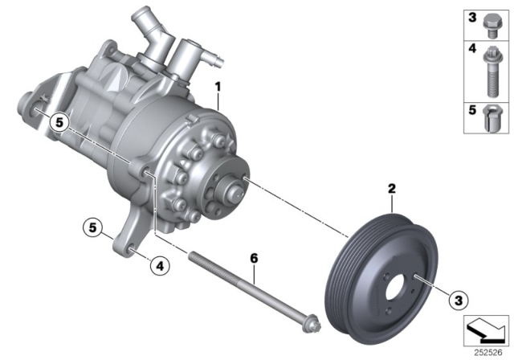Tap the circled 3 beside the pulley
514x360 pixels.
(458, 300)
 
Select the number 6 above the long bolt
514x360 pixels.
(253, 259)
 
